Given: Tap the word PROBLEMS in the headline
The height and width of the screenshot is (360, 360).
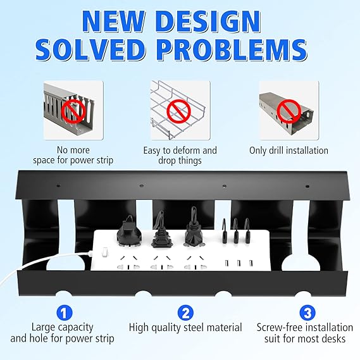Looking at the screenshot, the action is pyautogui.click(x=232, y=50).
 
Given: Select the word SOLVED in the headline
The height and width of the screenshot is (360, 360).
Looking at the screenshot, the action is pyautogui.click(x=91, y=50).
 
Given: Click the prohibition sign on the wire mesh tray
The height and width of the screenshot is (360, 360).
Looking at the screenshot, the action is pyautogui.click(x=178, y=111).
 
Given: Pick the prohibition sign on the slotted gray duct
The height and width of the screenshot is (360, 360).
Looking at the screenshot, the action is pyautogui.click(x=73, y=111).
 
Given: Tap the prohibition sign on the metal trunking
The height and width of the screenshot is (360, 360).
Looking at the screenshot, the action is pyautogui.click(x=289, y=111).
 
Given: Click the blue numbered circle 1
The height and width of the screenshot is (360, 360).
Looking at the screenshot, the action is pyautogui.click(x=65, y=313).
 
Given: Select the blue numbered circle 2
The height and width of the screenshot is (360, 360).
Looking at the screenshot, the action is pyautogui.click(x=186, y=313).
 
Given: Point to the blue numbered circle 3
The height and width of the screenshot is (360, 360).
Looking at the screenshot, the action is pyautogui.click(x=307, y=313).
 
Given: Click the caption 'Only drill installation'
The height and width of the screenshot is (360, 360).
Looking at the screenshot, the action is pyautogui.click(x=289, y=151).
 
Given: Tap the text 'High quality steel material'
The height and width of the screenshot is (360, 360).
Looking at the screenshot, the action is pyautogui.click(x=185, y=327).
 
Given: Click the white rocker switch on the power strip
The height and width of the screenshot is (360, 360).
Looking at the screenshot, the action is pyautogui.click(x=105, y=251).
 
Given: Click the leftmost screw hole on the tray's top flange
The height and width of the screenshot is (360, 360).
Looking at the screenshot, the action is pyautogui.click(x=59, y=185).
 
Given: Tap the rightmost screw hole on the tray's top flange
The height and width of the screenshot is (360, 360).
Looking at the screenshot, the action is pyautogui.click(x=307, y=186).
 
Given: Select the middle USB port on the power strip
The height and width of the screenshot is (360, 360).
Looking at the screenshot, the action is pyautogui.click(x=239, y=263).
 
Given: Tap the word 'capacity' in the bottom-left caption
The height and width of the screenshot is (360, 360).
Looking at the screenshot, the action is pyautogui.click(x=76, y=328).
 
